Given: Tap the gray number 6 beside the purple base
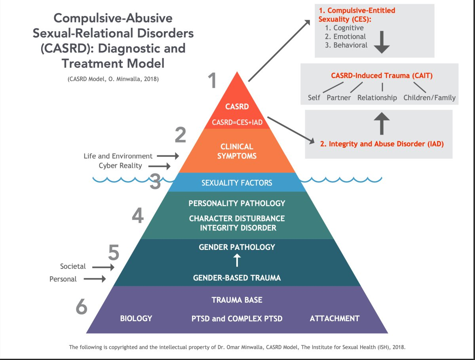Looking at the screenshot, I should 81,306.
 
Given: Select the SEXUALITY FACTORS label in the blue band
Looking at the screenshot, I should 237,183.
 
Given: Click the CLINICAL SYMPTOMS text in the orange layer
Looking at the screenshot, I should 237,151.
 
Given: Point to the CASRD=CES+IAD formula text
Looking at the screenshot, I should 237,122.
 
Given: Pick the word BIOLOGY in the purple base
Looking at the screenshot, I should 136,318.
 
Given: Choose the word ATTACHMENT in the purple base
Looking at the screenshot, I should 334,318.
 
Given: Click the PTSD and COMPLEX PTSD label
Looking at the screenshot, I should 236,318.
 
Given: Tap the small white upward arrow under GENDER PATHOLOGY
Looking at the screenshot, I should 237,260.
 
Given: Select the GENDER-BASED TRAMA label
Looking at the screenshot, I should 237,278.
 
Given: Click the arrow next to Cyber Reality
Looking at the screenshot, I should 163,166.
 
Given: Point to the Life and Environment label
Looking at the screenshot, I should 118,156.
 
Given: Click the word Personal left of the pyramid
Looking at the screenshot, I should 63,279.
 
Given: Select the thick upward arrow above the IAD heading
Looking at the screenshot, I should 382,124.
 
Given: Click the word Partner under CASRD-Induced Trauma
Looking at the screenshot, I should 339,97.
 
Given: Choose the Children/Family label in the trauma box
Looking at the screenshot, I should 429,97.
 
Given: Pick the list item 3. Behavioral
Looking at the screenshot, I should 346,45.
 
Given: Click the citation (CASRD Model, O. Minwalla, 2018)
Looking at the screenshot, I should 113,79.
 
